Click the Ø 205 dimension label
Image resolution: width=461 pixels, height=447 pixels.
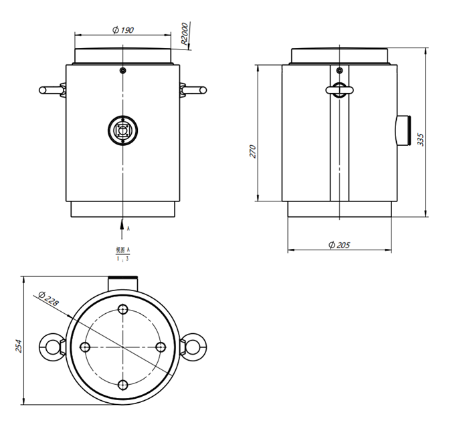[339, 245]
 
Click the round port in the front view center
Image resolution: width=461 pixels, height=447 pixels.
[123, 129]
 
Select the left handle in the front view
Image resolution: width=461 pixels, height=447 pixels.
[52, 90]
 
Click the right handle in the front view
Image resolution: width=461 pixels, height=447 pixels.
[195, 90]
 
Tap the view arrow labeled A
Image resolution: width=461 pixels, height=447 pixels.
[123, 228]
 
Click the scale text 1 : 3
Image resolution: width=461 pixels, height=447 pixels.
[123, 258]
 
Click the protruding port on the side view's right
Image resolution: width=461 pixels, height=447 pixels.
[404, 130]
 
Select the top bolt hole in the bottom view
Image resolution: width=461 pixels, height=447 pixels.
[123, 309]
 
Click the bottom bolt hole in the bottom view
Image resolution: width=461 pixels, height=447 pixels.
[123, 384]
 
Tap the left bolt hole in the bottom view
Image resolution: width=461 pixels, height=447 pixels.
[85, 347]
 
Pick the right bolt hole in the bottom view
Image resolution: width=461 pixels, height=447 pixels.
[161, 347]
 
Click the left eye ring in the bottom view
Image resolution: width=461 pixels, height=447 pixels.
[52, 346]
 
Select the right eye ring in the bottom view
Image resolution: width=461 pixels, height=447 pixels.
[195, 346]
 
